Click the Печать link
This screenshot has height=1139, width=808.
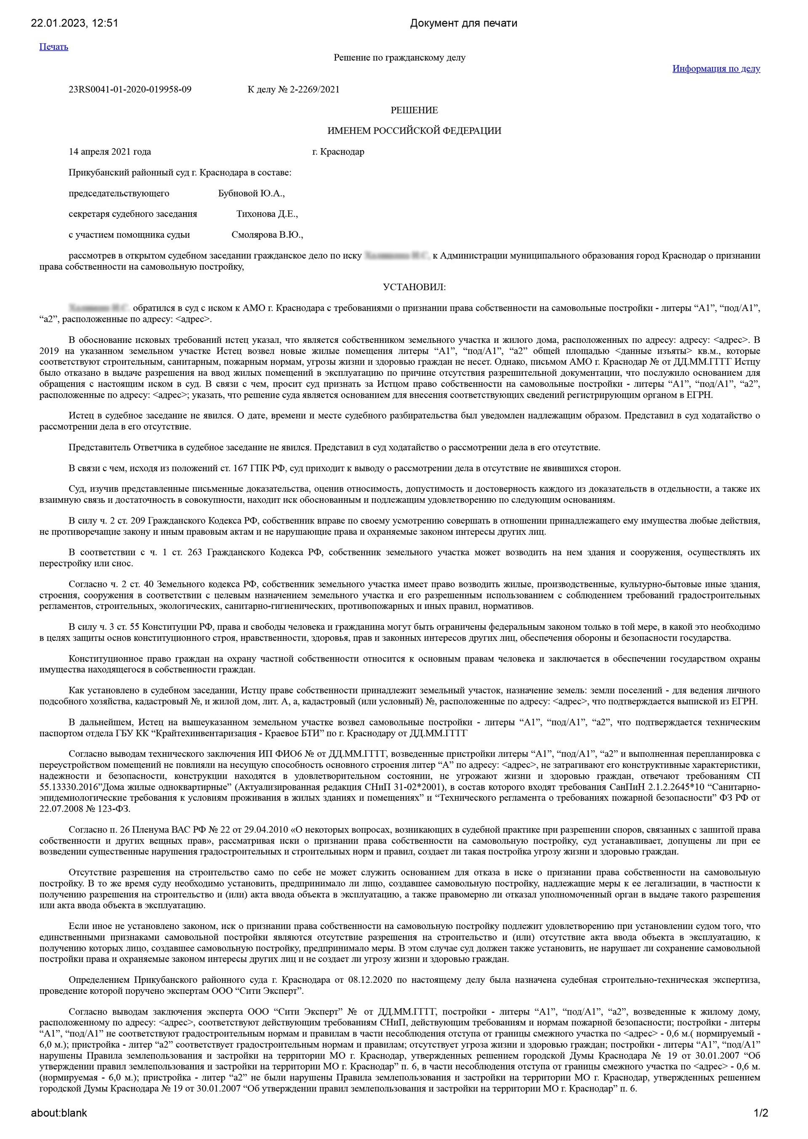[54, 47]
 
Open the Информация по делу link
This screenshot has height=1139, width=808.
[716, 69]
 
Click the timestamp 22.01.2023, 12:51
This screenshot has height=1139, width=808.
[74, 23]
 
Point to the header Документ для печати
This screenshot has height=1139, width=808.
[463, 23]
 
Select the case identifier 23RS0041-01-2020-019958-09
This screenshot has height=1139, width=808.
[130, 90]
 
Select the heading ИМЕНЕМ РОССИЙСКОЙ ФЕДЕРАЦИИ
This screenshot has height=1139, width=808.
[414, 131]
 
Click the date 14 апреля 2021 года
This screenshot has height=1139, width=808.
[110, 152]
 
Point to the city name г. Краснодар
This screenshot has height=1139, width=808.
[338, 152]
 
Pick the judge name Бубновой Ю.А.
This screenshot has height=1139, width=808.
[251, 194]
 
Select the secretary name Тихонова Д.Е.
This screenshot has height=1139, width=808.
[267, 214]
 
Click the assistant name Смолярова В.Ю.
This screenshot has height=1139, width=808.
[267, 235]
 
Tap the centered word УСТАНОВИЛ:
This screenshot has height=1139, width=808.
[414, 287]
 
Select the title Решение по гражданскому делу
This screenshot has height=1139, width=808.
[399, 58]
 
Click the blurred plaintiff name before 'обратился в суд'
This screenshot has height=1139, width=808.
[99, 308]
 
